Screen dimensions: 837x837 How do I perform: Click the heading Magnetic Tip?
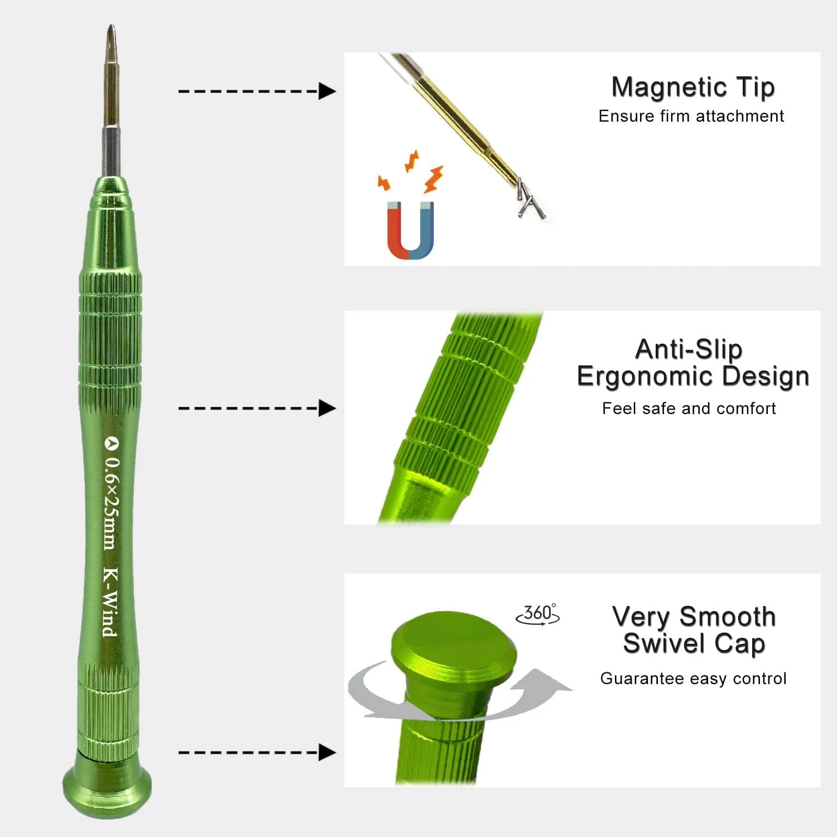pos(693,88)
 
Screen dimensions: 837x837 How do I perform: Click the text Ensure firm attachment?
pos(691,116)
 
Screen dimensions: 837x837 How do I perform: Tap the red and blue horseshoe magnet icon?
pos(411,230)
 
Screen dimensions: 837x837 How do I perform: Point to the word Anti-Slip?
pos(689,350)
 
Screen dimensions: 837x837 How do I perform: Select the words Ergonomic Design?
pos(693,377)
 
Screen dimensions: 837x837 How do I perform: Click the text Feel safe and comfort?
pos(689,408)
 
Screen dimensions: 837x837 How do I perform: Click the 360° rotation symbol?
pos(538,614)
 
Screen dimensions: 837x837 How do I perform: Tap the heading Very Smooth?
pos(694,617)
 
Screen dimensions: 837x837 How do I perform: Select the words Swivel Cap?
pos(694,643)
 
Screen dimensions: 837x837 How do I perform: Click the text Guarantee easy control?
pos(693,679)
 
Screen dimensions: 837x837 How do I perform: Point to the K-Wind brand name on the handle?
pos(110,602)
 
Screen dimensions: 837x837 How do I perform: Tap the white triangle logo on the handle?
pos(112,443)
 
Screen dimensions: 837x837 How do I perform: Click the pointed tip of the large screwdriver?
pos(112,26)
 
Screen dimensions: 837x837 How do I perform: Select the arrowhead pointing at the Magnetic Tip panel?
pos(328,91)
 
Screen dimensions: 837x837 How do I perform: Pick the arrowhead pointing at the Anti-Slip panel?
pos(328,408)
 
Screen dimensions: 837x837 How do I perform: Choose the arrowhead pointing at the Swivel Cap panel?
pos(328,752)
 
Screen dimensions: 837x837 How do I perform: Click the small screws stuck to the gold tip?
pos(530,200)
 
